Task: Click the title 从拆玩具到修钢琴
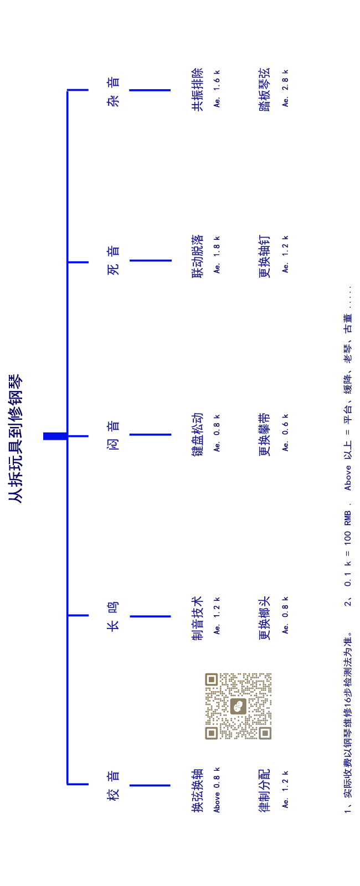click(16, 438)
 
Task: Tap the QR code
click(238, 706)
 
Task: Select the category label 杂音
click(113, 92)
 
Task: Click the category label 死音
click(113, 260)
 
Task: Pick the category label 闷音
click(113, 435)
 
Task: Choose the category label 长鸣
click(113, 616)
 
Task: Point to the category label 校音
click(113, 786)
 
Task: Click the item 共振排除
click(197, 89)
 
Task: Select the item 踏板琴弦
click(265, 89)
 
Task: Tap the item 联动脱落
click(197, 256)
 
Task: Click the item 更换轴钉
click(265, 256)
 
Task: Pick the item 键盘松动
click(197, 435)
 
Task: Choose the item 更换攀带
click(265, 435)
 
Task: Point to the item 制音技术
click(197, 618)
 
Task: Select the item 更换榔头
click(265, 618)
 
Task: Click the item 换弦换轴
click(197, 790)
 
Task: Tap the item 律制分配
click(265, 790)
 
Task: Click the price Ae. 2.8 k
click(285, 88)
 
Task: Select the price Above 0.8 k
click(217, 790)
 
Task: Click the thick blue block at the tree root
click(55, 436)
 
